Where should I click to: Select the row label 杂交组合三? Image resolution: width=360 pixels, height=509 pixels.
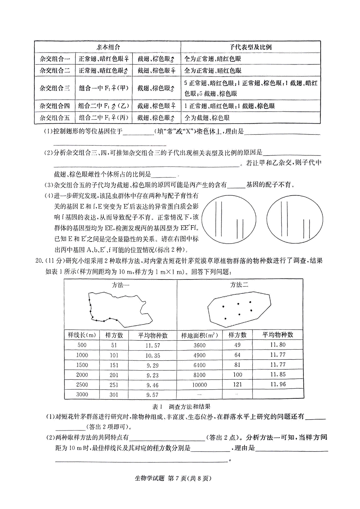click(x=55, y=88)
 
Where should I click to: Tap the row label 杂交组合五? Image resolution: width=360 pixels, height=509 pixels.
click(x=55, y=118)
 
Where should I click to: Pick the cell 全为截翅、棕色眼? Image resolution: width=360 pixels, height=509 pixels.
click(x=207, y=118)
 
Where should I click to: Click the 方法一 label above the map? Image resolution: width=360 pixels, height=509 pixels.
click(x=121, y=285)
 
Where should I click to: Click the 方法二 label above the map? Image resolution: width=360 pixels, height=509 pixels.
click(x=239, y=285)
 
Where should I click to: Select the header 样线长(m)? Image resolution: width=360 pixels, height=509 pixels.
click(x=82, y=335)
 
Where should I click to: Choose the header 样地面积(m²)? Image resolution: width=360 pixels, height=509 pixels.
click(x=199, y=335)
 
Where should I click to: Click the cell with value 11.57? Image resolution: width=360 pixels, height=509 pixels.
click(x=153, y=345)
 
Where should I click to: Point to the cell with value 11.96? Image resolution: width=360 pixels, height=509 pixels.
click(x=278, y=384)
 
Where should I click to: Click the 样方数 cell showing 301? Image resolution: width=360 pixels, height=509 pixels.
click(x=114, y=395)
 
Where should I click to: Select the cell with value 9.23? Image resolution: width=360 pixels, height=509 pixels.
click(x=153, y=375)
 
